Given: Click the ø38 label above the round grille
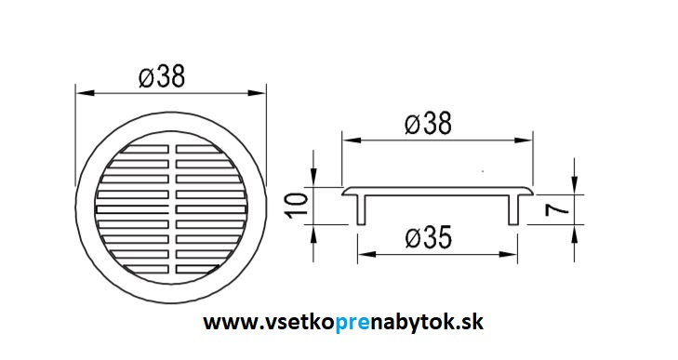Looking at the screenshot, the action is pos(162,76).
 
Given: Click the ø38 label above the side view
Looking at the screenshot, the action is pos(428,124).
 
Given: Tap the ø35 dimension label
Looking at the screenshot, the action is pos(429,237).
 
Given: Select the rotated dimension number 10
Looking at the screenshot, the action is pos(298,205).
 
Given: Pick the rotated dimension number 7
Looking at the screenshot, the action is pos(557,209).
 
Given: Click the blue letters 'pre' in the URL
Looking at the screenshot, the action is pos(352,323).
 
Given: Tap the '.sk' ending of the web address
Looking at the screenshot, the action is pos(470,322).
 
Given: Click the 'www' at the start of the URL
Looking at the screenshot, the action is pos(225,323).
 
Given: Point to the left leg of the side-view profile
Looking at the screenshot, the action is pos(362,209).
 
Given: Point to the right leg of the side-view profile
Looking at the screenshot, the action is pos(513,209).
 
